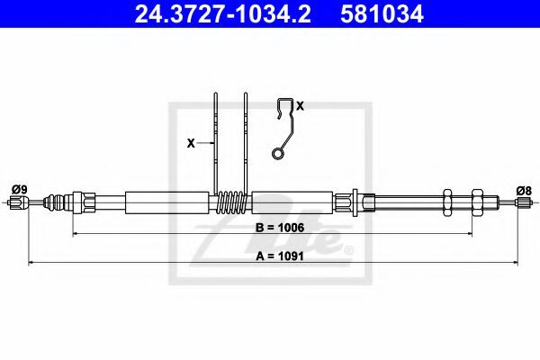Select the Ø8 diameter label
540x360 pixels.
tap(523, 189)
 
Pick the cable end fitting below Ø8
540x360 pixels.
tap(524, 204)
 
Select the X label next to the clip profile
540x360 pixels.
tap(300, 105)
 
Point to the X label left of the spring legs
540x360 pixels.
tap(190, 142)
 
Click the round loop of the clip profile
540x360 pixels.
tap(278, 154)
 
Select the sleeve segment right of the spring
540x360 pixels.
tap(292, 201)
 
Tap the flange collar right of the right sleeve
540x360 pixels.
tap(358, 201)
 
